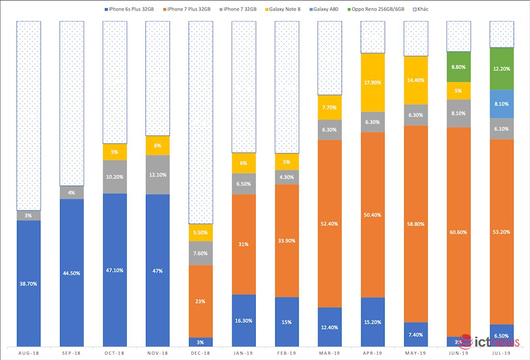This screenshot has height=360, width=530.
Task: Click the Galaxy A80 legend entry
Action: tap(323, 9)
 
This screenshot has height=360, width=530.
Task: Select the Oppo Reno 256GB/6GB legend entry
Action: tap(376, 9)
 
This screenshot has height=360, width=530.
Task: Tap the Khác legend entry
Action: tap(420, 9)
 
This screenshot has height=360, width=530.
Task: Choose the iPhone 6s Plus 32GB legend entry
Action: tap(129, 9)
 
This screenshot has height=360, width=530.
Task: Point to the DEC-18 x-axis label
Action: tap(200, 353)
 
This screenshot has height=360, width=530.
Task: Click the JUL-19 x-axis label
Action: tap(501, 353)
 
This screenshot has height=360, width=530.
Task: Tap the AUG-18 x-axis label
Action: tap(29, 353)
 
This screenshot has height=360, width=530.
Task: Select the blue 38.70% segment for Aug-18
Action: tap(29, 283)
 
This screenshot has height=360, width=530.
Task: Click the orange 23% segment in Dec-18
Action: tap(201, 301)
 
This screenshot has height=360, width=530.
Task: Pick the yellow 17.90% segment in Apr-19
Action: tap(373, 82)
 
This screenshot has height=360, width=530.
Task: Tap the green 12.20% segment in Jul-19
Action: tap(502, 69)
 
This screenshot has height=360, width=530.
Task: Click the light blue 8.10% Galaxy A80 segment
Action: tap(502, 104)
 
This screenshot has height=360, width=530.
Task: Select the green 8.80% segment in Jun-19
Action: tap(459, 67)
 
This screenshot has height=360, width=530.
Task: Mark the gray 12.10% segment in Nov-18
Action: tap(158, 175)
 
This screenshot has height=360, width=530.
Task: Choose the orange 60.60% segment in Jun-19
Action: tap(459, 232)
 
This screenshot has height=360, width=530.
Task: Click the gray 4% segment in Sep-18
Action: tap(71, 192)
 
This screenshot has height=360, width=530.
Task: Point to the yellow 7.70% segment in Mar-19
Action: tap(330, 108)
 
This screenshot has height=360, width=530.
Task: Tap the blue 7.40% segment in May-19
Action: tap(416, 334)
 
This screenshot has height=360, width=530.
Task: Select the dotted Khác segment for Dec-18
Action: tap(201, 122)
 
